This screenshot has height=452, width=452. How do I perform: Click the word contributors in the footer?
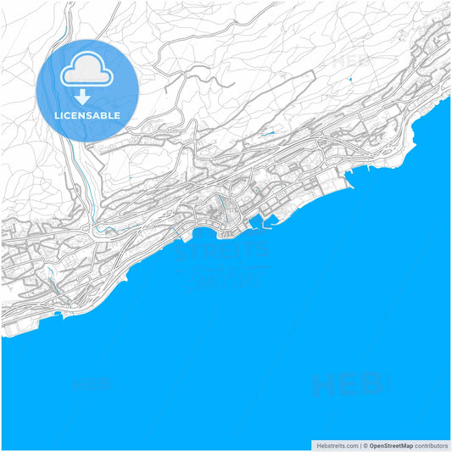pos(432,445)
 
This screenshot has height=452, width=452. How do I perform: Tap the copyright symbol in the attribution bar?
pos(366,445)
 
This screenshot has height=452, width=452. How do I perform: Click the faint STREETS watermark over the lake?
pos(222,251)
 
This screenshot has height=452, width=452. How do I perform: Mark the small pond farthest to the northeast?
pos(349,80)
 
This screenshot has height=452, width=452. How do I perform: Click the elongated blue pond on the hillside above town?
pos(269,133)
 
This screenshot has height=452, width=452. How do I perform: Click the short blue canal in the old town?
pos(221,208)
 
